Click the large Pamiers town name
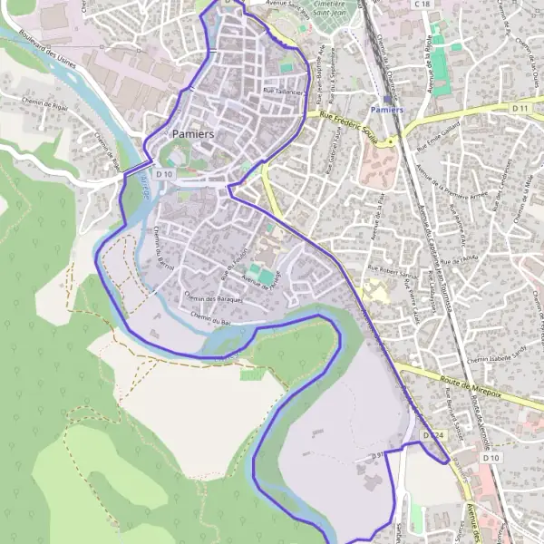click(x=193, y=133)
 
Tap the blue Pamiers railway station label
click(x=387, y=110)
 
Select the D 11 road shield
click(x=520, y=108)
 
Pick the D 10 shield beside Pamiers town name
click(x=163, y=172)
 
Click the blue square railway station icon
click(x=388, y=98)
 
